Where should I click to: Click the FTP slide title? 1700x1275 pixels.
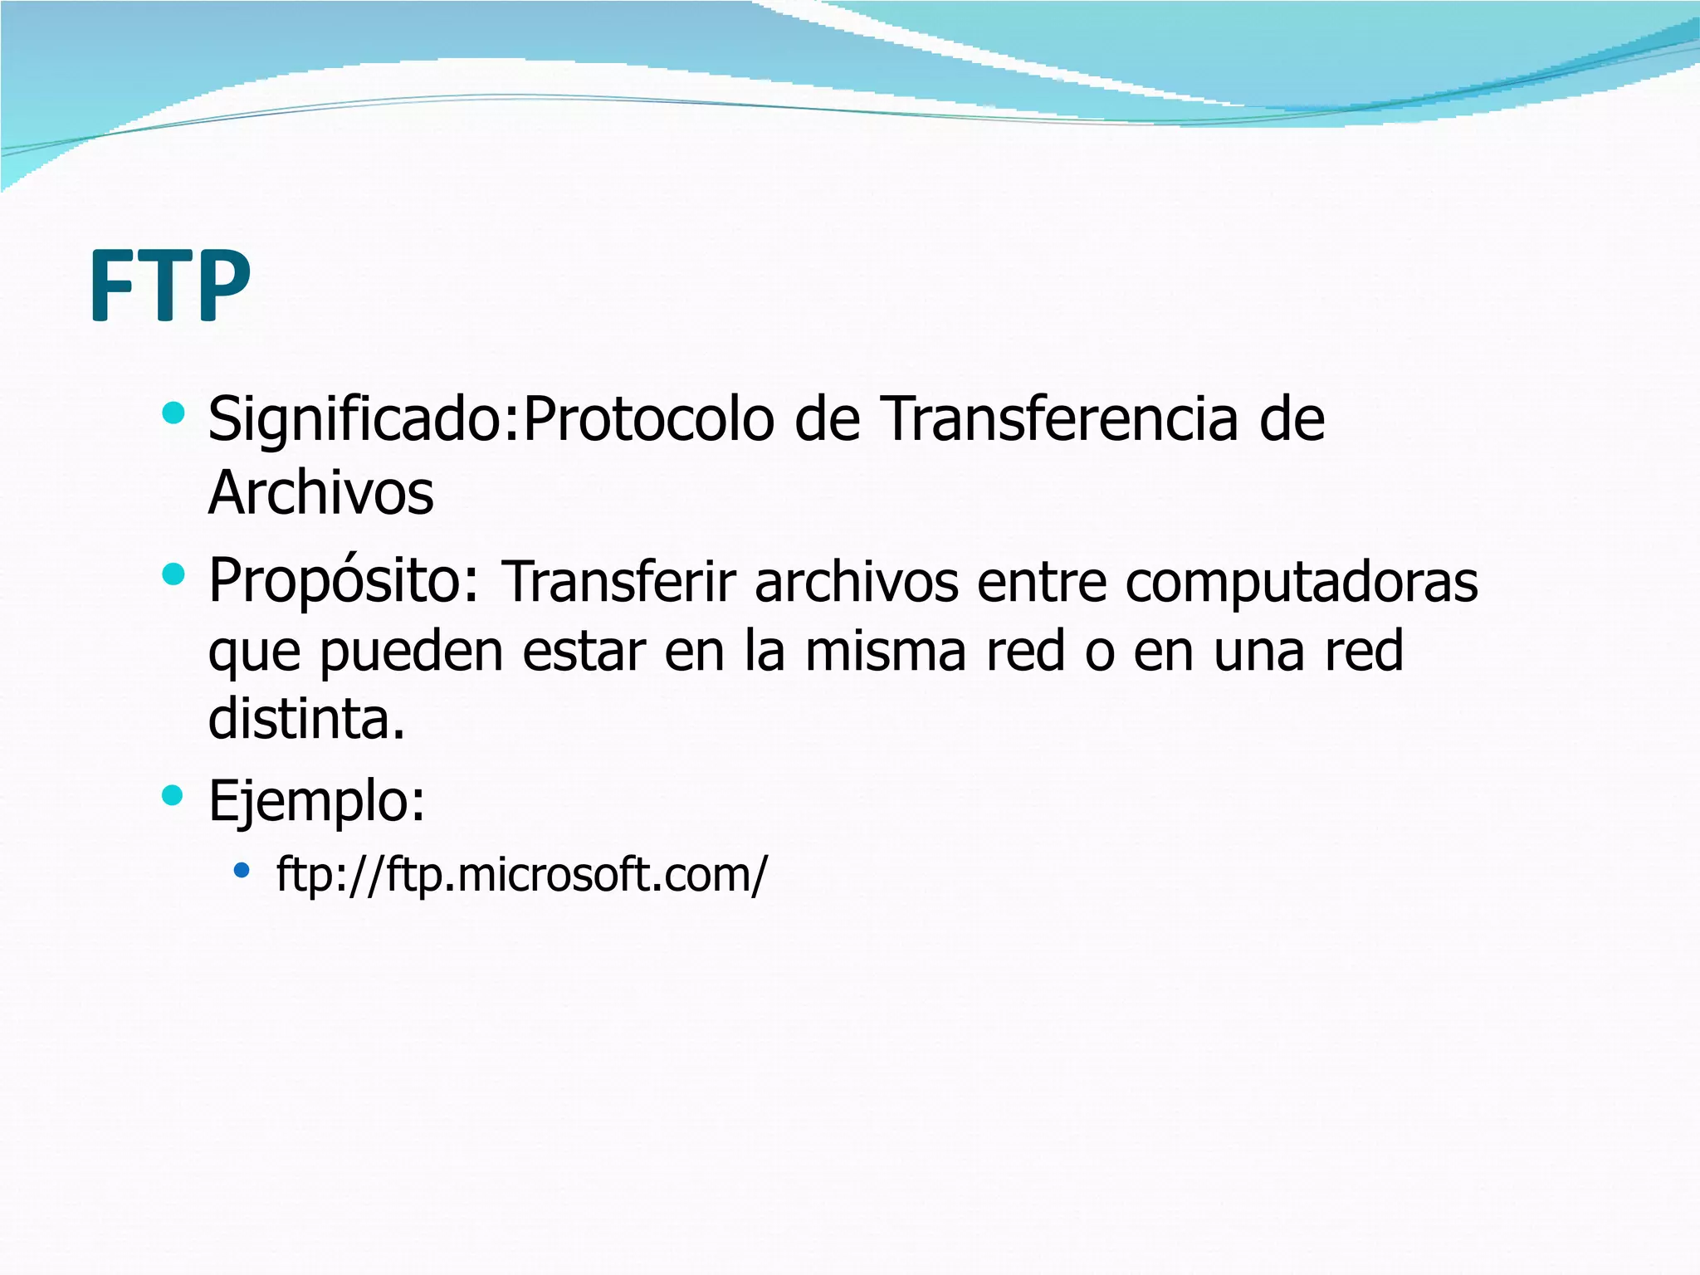point(169,286)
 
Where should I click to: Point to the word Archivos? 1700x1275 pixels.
point(320,493)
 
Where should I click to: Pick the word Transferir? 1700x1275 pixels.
point(619,583)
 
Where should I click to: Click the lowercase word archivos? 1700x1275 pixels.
point(857,583)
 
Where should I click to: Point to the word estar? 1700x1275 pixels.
point(584,652)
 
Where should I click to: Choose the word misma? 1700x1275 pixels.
point(886,651)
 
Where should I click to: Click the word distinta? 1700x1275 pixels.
point(305,719)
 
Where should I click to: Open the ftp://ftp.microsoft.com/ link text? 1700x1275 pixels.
point(522,874)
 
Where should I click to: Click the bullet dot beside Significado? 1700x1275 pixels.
point(173,413)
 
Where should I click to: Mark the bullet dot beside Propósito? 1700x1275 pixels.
point(173,574)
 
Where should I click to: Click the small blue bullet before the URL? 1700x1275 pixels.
point(242,871)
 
